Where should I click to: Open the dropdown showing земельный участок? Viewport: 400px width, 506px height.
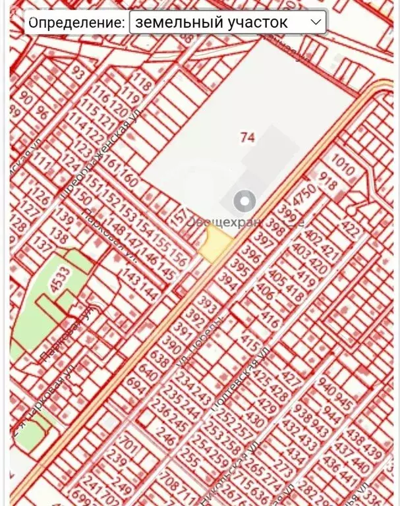pyautogui.click(x=227, y=22)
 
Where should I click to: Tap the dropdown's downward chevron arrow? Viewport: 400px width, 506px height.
pyautogui.click(x=316, y=22)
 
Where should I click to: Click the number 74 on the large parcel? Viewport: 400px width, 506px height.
pyautogui.click(x=248, y=137)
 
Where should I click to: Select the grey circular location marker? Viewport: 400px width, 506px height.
pyautogui.click(x=245, y=201)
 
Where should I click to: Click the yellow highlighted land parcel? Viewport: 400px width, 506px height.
pyautogui.click(x=215, y=245)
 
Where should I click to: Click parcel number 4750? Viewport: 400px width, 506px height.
pyautogui.click(x=305, y=195)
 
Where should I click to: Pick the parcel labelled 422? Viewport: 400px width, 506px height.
pyautogui.click(x=352, y=231)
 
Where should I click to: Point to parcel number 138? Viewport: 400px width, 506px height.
pyautogui.click(x=59, y=236)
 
